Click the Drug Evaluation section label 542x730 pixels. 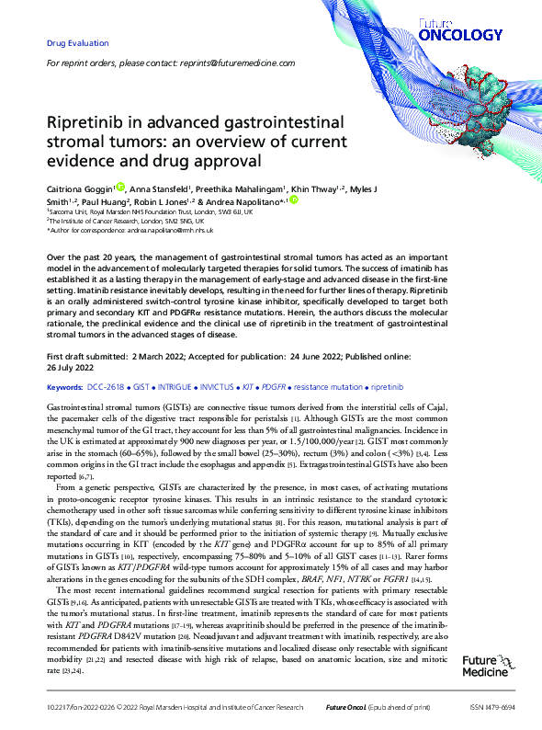77,43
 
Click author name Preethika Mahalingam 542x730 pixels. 240,188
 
